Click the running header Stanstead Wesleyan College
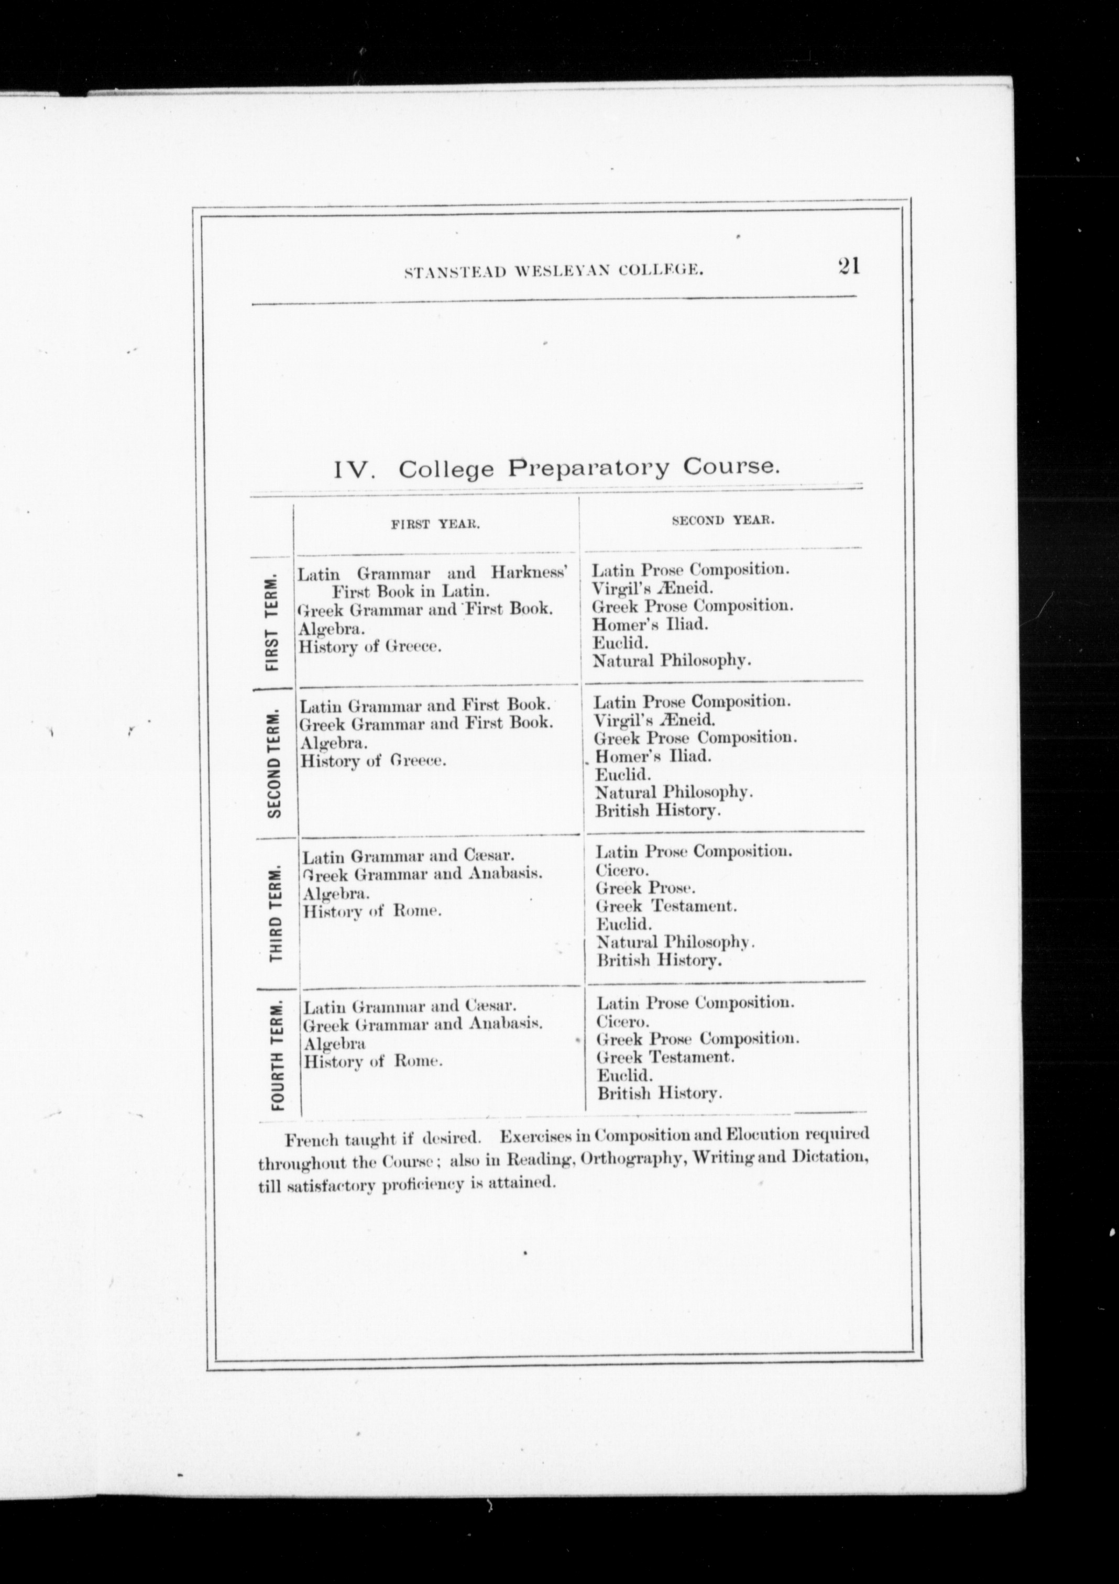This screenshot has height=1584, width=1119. (553, 272)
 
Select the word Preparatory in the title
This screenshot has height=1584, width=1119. (588, 468)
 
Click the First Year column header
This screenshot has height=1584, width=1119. (435, 524)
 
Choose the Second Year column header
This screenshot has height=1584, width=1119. (723, 520)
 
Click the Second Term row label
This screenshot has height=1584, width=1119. (275, 762)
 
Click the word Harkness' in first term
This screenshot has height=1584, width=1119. (529, 573)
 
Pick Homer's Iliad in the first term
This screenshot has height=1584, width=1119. (651, 624)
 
